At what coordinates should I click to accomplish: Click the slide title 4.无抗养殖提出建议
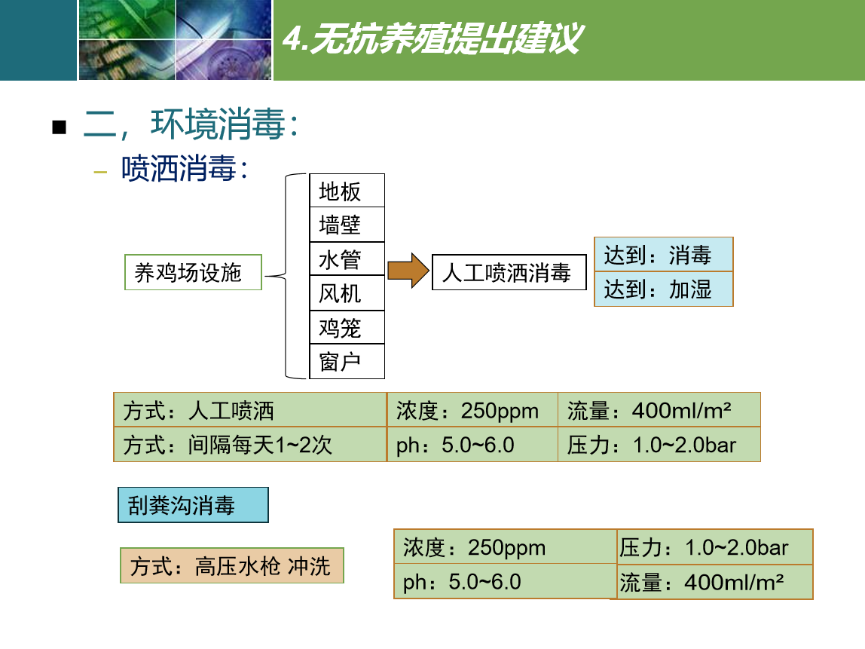432,38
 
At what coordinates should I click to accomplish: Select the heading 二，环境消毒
191,124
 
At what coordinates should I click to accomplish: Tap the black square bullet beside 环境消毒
59,127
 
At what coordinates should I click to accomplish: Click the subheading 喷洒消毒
185,168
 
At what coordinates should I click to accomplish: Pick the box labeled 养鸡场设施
193,272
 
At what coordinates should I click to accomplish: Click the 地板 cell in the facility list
347,191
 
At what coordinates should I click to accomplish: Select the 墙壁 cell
347,225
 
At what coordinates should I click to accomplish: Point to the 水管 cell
347,259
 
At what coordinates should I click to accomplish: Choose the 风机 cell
347,293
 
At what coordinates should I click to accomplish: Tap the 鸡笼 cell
347,328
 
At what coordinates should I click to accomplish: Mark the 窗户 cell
347,362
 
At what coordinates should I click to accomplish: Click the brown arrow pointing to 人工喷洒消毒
408,271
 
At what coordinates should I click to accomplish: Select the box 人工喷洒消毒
509,272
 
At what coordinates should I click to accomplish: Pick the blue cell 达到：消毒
664,255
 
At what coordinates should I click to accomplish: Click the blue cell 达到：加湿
664,289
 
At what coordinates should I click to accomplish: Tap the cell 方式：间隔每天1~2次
250,444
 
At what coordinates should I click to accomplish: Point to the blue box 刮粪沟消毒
193,505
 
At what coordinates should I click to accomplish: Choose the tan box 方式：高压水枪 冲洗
232,565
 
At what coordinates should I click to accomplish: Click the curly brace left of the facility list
286,276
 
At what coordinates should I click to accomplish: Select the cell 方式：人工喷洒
250,410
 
